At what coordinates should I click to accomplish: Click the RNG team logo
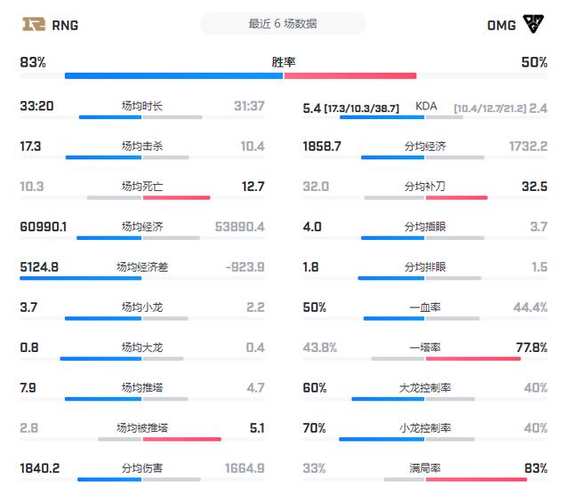click(x=35, y=24)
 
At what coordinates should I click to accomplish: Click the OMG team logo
click(x=534, y=24)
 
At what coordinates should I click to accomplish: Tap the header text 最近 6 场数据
click(x=283, y=24)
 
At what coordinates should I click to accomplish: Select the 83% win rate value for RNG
click(x=33, y=62)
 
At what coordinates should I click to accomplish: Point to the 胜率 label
click(x=284, y=62)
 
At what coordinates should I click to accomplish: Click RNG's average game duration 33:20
click(x=36, y=106)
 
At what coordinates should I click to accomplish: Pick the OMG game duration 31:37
click(x=249, y=106)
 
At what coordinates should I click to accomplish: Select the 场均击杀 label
click(x=142, y=146)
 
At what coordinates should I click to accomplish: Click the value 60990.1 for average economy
click(x=44, y=227)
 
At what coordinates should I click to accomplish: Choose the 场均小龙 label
click(x=142, y=307)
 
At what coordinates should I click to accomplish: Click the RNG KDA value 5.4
click(x=311, y=107)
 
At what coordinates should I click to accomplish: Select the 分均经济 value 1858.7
click(x=322, y=146)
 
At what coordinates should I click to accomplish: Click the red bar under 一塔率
click(x=472, y=358)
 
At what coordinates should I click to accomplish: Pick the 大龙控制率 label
click(x=425, y=387)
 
